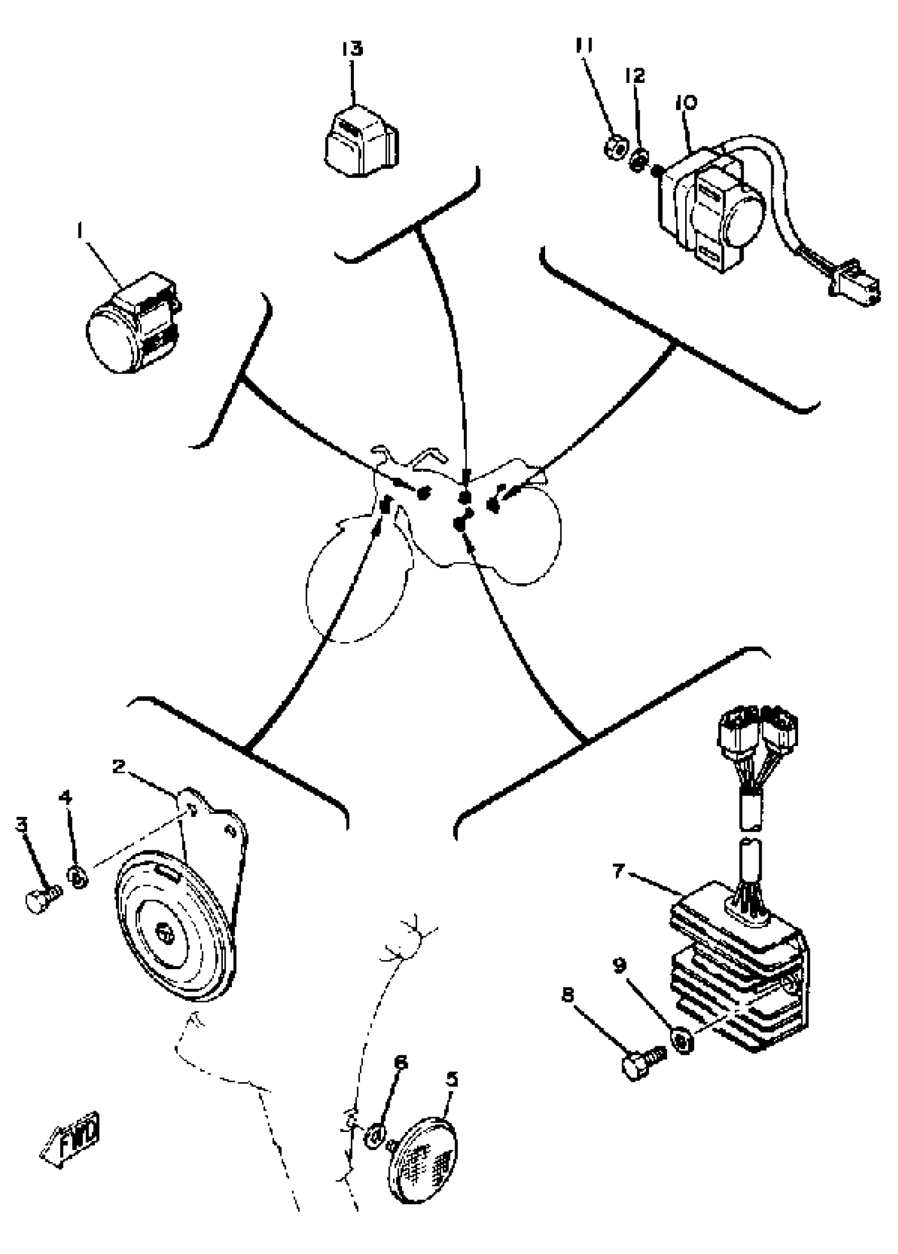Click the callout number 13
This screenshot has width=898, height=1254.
[352, 49]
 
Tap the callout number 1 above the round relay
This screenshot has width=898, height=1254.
[81, 230]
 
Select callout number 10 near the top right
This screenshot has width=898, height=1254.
[686, 104]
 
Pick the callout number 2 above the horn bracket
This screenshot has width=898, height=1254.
[118, 767]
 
